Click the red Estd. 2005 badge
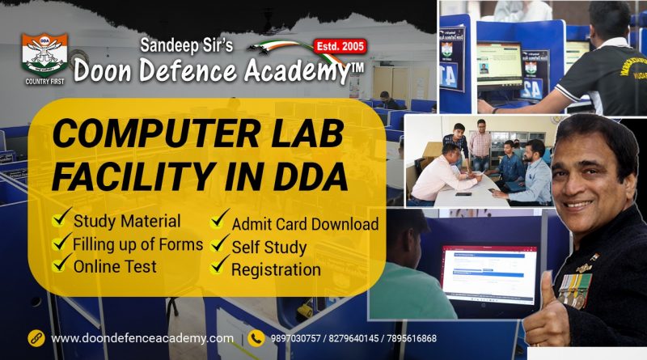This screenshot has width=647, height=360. click(x=340, y=46)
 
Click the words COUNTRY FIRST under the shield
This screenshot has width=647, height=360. click(x=44, y=82)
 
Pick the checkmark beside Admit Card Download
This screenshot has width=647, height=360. click(x=219, y=218)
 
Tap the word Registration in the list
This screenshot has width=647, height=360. click(x=276, y=269)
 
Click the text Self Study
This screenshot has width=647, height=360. click(x=269, y=248)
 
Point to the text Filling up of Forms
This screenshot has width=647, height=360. click(x=137, y=244)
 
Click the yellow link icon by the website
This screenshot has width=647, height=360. click(x=36, y=338)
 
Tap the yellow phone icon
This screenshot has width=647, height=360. click(x=256, y=338)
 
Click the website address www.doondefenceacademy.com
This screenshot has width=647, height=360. click(x=142, y=338)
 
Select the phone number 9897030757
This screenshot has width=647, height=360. click(x=295, y=338)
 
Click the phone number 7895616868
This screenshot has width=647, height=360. click(x=412, y=338)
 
